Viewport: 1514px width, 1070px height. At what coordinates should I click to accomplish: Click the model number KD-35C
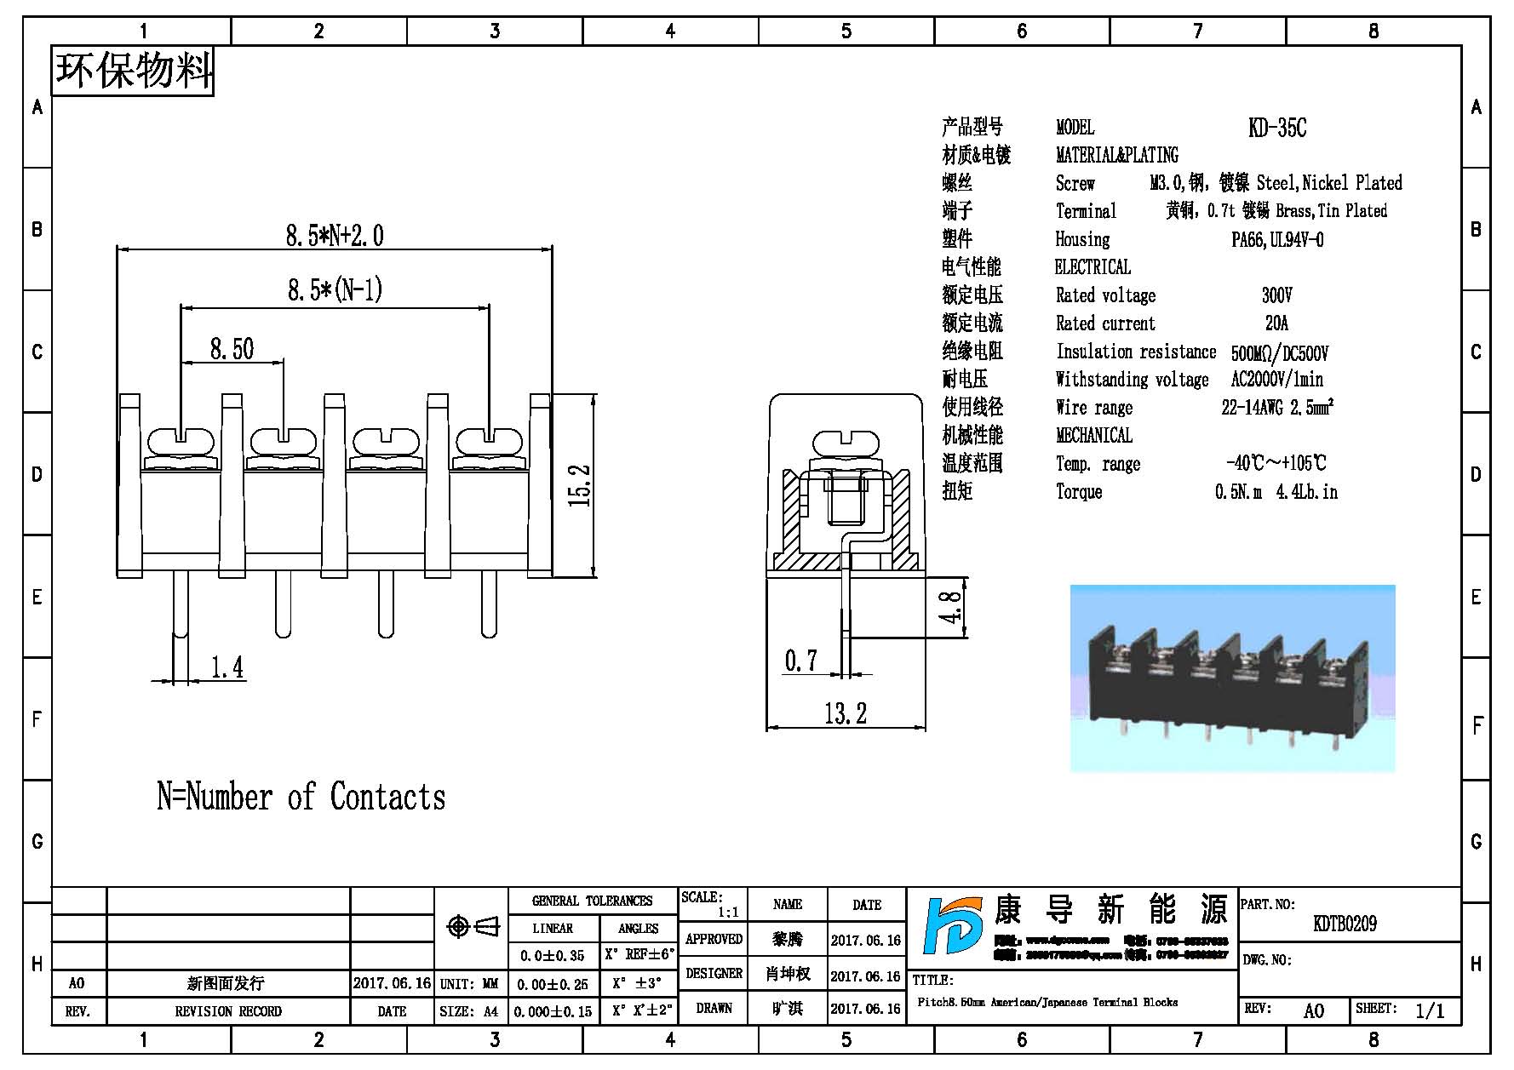(x=1276, y=128)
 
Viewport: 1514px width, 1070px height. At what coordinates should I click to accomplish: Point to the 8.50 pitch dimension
(x=232, y=348)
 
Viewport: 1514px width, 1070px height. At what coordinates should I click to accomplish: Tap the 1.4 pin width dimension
(x=227, y=667)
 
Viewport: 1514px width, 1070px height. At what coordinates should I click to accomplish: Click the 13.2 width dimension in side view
(x=846, y=712)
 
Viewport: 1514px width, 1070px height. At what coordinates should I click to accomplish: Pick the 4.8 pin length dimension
(x=951, y=607)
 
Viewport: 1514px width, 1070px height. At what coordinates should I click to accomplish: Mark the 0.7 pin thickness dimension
(x=800, y=661)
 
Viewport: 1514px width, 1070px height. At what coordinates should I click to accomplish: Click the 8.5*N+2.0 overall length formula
(x=335, y=235)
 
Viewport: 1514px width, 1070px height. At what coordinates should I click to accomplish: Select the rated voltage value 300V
(x=1276, y=295)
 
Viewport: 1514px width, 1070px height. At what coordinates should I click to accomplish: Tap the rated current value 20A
(x=1276, y=323)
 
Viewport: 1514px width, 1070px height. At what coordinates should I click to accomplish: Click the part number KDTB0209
(x=1345, y=924)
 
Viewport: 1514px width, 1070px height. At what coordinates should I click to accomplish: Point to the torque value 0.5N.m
(x=1238, y=492)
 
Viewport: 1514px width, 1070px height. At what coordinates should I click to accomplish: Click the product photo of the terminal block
(x=1232, y=678)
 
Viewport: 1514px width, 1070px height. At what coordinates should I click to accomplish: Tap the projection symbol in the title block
(x=473, y=926)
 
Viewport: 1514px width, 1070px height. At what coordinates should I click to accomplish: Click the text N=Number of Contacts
(x=301, y=797)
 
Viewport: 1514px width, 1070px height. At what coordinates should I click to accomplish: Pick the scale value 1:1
(x=728, y=913)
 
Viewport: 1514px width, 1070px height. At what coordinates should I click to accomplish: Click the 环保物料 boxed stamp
(x=134, y=71)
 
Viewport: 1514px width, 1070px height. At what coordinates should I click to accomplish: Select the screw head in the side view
(x=846, y=443)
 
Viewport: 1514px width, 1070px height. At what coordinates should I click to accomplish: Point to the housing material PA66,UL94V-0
(x=1277, y=240)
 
